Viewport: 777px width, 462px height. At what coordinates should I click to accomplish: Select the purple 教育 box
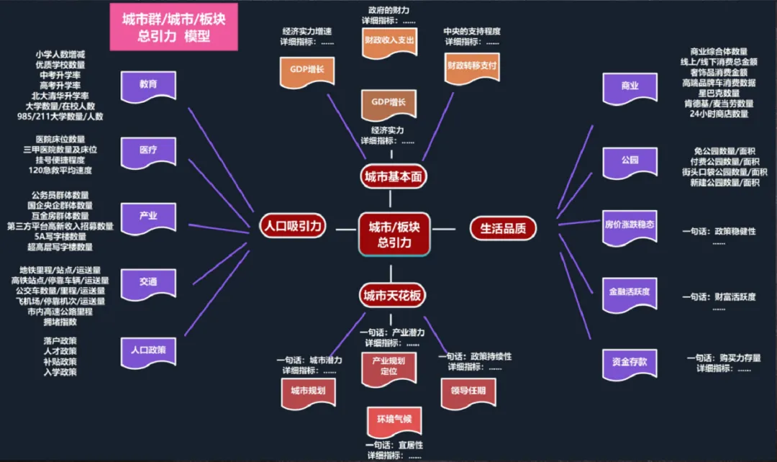(148, 84)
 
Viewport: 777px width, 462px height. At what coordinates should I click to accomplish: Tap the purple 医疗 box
(148, 150)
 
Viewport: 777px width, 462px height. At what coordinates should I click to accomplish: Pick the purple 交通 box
(148, 282)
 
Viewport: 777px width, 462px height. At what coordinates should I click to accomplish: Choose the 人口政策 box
(148, 350)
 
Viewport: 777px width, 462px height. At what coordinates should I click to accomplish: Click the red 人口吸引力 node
(292, 227)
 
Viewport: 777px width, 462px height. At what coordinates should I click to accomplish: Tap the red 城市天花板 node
(393, 295)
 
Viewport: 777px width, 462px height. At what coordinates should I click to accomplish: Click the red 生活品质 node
(503, 228)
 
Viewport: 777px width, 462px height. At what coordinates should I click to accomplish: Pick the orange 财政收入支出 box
(389, 41)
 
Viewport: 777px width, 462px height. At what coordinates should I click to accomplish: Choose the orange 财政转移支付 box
(472, 65)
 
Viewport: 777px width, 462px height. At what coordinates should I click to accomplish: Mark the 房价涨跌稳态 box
(630, 224)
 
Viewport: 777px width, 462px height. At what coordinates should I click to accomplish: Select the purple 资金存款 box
(630, 361)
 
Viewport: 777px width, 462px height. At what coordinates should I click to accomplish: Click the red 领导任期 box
(468, 391)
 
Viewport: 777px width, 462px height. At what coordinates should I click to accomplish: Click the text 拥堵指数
(63, 322)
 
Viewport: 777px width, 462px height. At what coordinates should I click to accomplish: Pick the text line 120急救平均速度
(60, 171)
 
